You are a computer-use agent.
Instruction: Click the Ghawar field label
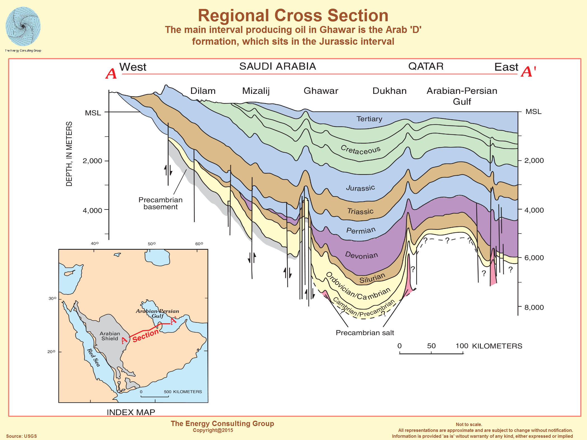321,91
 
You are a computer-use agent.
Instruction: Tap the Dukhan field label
389,91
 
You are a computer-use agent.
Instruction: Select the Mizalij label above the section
256,91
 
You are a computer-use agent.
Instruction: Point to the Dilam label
203,91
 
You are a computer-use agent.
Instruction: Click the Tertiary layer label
369,119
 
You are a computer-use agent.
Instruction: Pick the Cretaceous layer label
361,150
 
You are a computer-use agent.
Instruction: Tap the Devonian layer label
361,255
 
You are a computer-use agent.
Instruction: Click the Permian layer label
361,230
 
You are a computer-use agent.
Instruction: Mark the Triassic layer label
360,211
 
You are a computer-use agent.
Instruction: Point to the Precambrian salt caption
365,333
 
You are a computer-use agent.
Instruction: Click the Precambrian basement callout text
160,203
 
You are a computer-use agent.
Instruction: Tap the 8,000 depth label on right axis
534,307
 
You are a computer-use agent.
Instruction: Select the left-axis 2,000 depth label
92,161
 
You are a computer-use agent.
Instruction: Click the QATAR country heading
426,66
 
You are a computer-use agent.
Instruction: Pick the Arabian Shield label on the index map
110,336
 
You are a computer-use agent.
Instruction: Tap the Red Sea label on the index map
93,358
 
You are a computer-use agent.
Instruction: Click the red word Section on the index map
145,336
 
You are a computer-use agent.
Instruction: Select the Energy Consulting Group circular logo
23,27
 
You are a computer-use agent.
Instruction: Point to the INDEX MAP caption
131,412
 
